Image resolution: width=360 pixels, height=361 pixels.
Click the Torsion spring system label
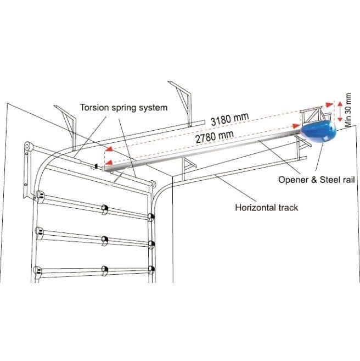pos(123,108)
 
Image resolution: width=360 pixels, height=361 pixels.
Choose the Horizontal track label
pos(266,207)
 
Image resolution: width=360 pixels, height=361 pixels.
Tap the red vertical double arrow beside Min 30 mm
pos(339,112)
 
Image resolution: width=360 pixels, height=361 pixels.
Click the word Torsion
pos(94,108)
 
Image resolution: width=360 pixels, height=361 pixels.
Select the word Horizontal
pos(255,207)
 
